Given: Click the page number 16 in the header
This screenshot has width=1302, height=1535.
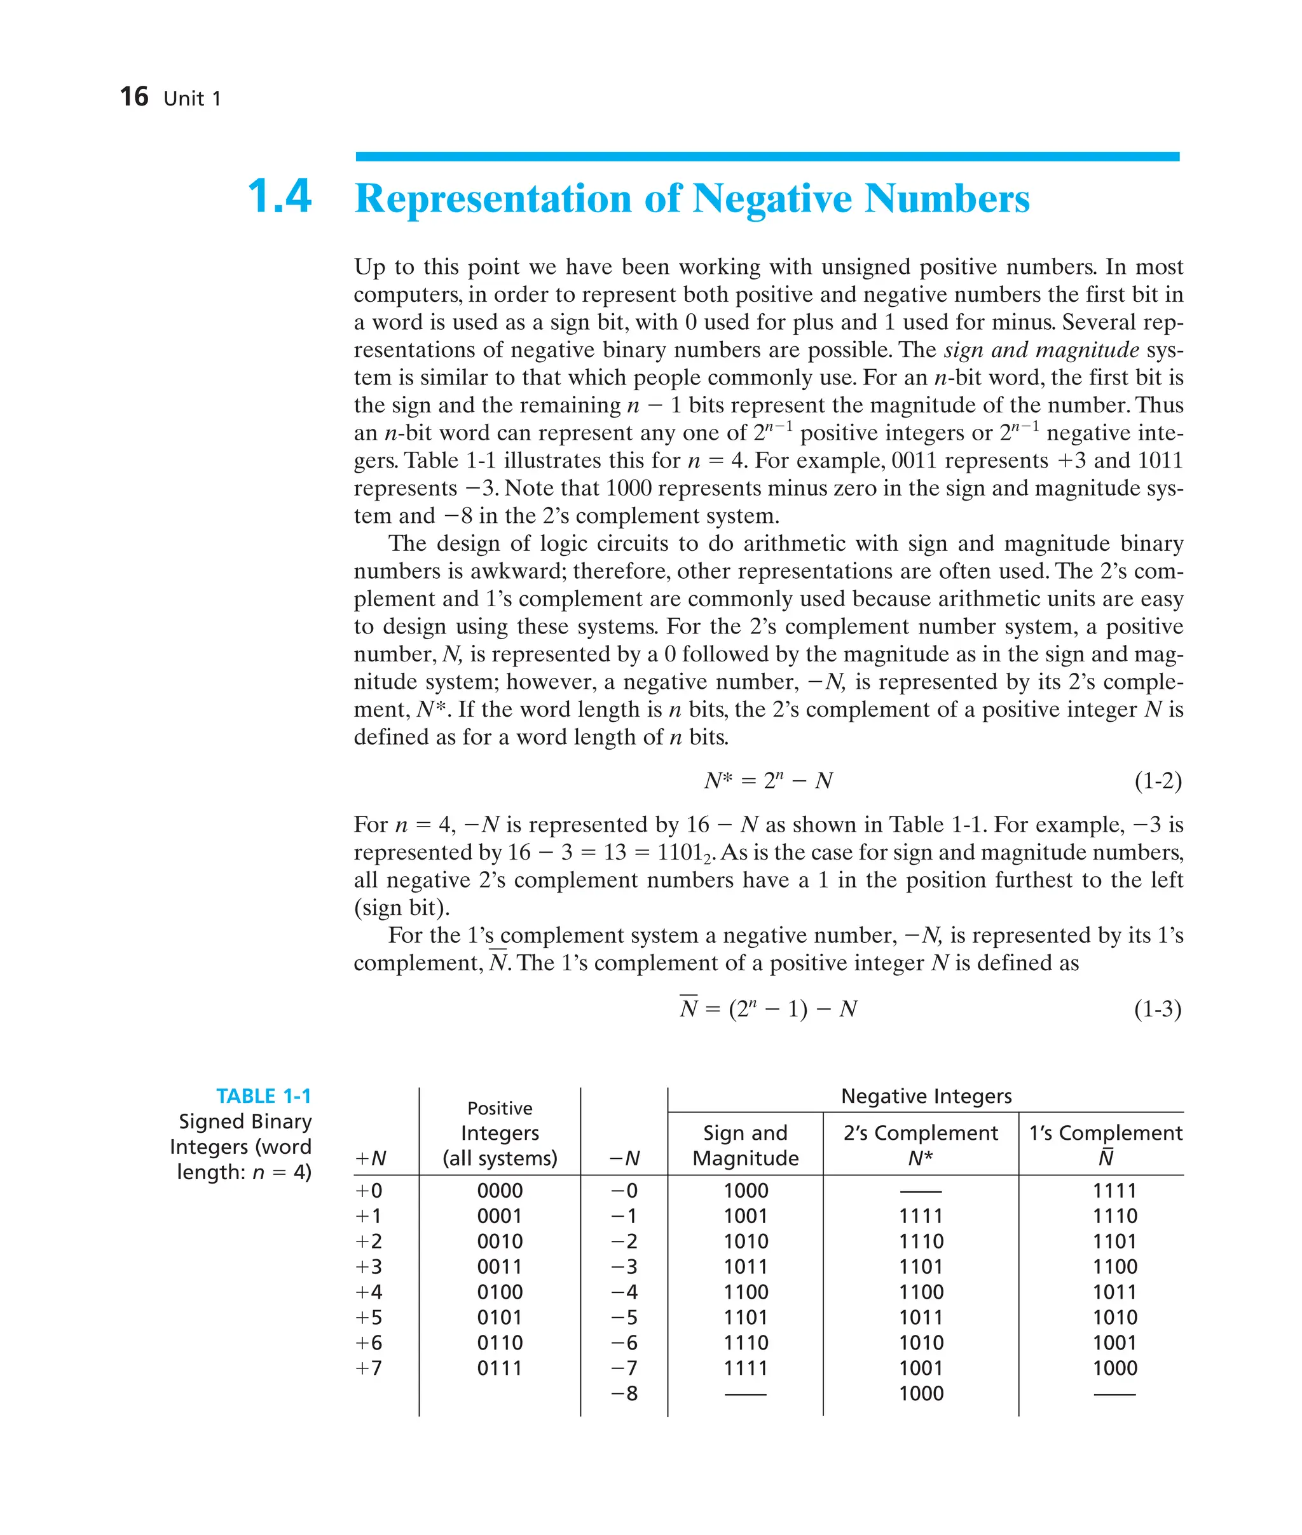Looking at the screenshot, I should pyautogui.click(x=134, y=97).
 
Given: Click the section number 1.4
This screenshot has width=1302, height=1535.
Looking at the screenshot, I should pyautogui.click(x=279, y=197).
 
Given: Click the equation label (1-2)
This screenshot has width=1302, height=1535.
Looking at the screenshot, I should pyautogui.click(x=1157, y=780).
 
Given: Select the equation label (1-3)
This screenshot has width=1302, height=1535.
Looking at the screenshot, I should pyautogui.click(x=1157, y=1008).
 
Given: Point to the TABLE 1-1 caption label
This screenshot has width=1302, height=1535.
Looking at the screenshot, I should pyautogui.click(x=263, y=1096).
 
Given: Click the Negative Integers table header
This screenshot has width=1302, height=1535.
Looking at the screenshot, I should pyautogui.click(x=926, y=1096).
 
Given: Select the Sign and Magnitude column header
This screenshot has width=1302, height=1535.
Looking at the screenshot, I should pyautogui.click(x=746, y=1145).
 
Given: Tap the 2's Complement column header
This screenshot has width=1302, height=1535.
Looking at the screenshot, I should pyautogui.click(x=921, y=1133).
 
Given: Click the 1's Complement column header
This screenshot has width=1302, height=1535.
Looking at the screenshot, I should pyautogui.click(x=1105, y=1133).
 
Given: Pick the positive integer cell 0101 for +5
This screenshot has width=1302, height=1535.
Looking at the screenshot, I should pyautogui.click(x=500, y=1318).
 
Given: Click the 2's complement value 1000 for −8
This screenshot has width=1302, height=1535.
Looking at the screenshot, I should pyautogui.click(x=921, y=1393).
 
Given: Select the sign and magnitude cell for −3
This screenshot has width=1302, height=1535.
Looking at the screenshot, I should pyautogui.click(x=746, y=1266).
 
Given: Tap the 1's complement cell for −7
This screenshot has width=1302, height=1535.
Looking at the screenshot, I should pyautogui.click(x=1114, y=1369).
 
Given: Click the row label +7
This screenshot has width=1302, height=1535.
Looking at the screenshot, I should pyautogui.click(x=369, y=1369).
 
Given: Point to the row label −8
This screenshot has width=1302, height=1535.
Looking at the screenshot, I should pyautogui.click(x=624, y=1393).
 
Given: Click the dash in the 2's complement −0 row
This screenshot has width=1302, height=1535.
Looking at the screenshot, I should pyautogui.click(x=921, y=1191).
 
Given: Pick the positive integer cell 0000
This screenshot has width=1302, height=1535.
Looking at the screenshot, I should pyautogui.click(x=500, y=1191).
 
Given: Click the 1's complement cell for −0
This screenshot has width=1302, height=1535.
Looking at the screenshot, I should pyautogui.click(x=1114, y=1191).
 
